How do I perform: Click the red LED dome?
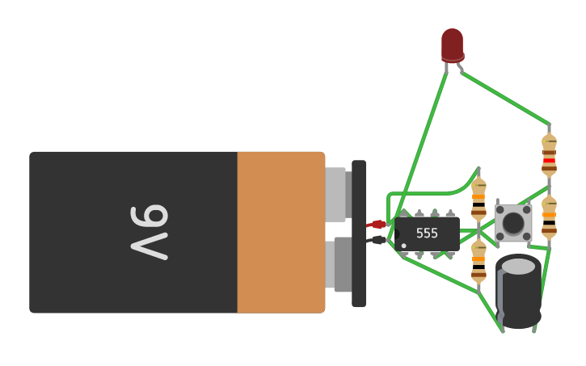pos(453,44)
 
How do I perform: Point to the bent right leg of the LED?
pos(460,69)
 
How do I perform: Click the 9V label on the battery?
pos(150,233)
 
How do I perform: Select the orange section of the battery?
pos(280,233)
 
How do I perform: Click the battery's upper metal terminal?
pos(335,194)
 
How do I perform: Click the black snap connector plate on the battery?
pos(359,233)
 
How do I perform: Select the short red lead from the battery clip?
pos(377,224)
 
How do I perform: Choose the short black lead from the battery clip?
pos(377,239)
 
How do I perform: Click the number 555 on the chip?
pos(427,233)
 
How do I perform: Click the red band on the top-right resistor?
pos(549,160)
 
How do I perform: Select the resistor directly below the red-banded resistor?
pos(549,216)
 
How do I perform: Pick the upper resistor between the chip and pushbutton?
pos(478,199)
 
